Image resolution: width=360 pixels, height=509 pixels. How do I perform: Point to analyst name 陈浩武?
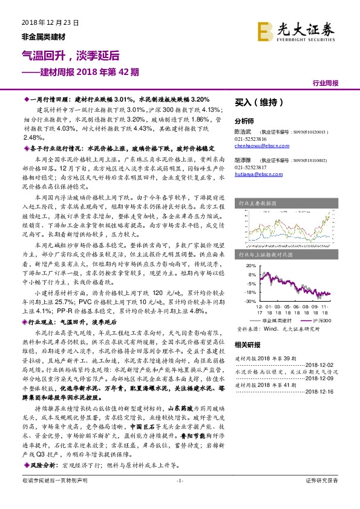243,131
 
